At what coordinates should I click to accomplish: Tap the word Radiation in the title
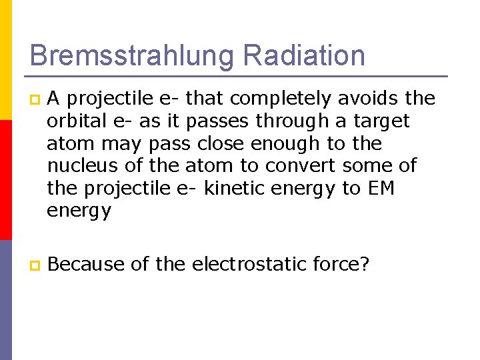click(x=304, y=55)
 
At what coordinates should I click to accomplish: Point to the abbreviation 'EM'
click(x=381, y=188)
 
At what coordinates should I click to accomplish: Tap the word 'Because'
click(x=86, y=265)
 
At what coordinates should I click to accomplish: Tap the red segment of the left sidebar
click(x=5, y=180)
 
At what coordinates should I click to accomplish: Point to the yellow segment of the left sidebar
click(x=5, y=60)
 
